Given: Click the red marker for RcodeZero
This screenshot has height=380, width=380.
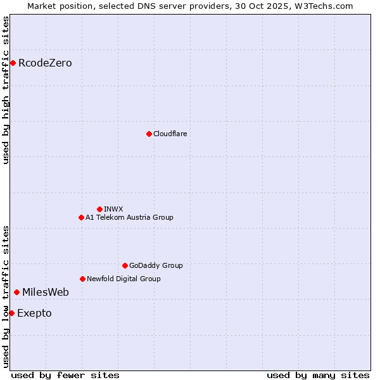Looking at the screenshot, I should point(13,63).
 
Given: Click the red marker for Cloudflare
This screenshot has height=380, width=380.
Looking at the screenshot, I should point(149,134).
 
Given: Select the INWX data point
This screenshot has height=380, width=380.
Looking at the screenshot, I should point(99,209).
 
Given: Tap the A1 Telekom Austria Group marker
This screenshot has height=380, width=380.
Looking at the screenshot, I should point(81,217).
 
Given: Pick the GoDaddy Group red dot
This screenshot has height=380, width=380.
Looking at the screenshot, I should point(125,265).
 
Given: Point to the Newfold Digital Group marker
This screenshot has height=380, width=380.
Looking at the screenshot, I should point(82,279).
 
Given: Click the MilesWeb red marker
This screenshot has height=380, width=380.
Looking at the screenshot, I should point(16,292).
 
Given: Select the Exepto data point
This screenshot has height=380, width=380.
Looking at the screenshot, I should point(11,313).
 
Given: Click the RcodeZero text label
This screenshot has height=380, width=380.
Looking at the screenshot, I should point(45,63).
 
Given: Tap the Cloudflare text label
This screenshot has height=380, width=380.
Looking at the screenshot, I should point(170,134).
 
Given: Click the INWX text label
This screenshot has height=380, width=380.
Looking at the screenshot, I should point(113,209).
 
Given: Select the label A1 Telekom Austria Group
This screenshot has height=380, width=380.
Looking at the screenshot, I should point(129,217).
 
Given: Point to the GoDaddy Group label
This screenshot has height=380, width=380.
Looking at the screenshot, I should point(156,265).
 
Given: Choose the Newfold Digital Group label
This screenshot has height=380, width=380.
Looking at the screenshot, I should point(123,279).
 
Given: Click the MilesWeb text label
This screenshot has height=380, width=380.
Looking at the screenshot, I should point(46,292).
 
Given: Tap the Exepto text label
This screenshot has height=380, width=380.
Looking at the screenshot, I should point(34,313).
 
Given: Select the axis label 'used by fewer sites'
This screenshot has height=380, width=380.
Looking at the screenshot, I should point(65,375).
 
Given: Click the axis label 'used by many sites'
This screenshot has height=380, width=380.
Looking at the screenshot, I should point(318,375).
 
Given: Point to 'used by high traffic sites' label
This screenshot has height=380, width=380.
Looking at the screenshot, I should point(6,90).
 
